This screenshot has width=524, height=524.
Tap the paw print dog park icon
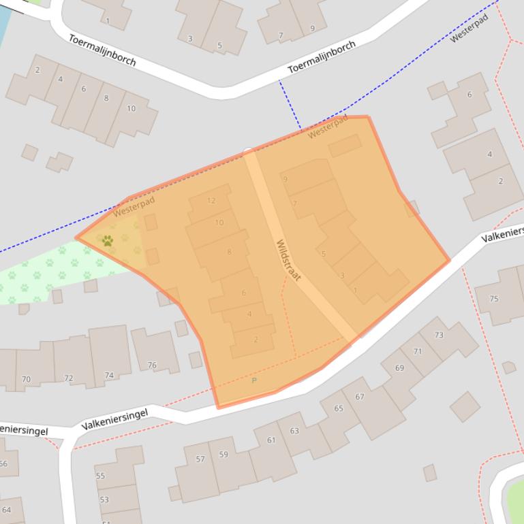click(108, 240)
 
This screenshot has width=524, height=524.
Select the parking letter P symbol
click(254, 380)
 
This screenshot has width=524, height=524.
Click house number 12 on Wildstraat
click(211, 201)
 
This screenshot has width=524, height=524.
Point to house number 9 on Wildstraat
click(285, 180)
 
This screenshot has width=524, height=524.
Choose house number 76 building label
click(152, 365)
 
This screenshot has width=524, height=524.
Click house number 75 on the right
click(494, 299)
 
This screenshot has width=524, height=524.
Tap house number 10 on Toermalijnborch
click(131, 108)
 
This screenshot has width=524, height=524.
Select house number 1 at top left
click(107, 21)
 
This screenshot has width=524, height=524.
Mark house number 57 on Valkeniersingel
click(200, 459)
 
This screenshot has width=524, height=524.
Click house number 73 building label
click(439, 335)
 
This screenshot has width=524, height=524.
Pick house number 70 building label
click(26, 379)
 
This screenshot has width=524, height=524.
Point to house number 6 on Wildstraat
click(244, 293)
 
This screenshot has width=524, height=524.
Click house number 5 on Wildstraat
click(324, 255)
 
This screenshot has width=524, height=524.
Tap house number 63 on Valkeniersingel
click(294, 431)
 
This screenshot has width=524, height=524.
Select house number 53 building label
click(104, 500)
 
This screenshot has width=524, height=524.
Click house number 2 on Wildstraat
click(256, 340)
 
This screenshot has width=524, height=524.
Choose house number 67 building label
click(359, 397)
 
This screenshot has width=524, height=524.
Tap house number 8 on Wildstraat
click(230, 252)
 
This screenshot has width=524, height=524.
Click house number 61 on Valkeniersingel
click(271, 440)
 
